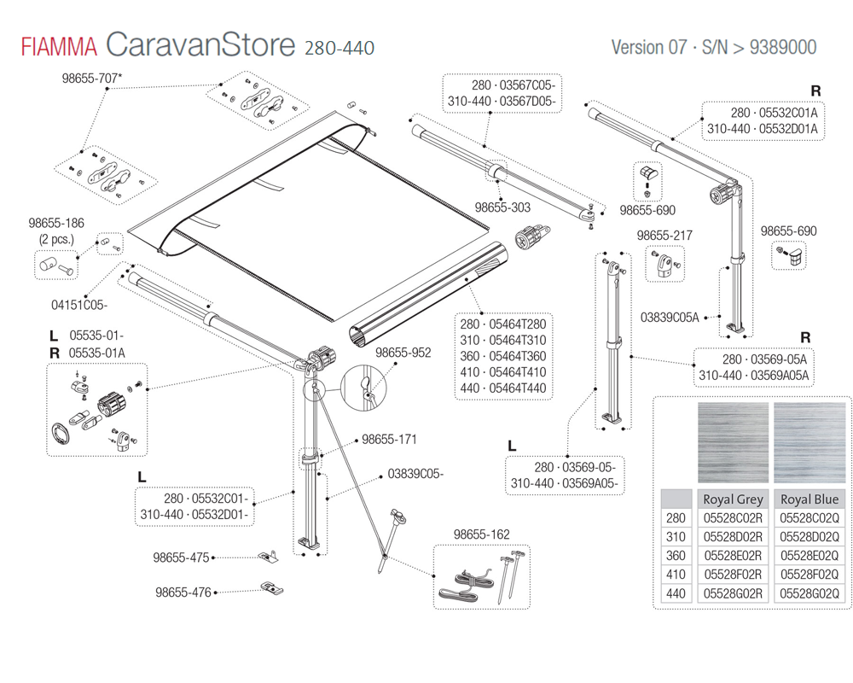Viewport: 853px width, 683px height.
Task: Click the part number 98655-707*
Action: click(x=92, y=79)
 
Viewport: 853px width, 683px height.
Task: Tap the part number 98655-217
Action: click(x=664, y=235)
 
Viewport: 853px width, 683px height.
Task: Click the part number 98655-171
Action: click(x=389, y=440)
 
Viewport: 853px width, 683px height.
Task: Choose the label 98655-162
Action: click(x=482, y=534)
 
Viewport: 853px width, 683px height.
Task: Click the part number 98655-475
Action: click(x=182, y=558)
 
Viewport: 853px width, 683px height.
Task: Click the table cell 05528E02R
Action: click(x=733, y=555)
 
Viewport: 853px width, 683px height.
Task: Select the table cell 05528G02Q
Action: click(x=809, y=593)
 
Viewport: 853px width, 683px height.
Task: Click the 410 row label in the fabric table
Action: click(x=676, y=574)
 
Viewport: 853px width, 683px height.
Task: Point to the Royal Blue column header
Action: click(x=809, y=499)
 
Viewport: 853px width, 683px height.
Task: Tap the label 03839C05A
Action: click(x=670, y=318)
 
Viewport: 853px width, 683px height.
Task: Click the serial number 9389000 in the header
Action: click(x=782, y=47)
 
